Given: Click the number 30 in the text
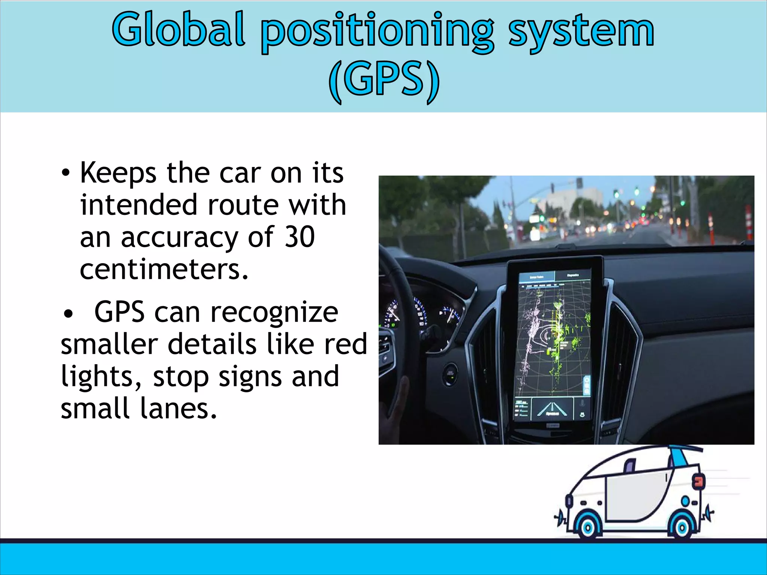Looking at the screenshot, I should (x=300, y=237).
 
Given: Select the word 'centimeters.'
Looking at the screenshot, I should (x=164, y=269).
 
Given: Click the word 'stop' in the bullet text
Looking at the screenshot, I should (x=181, y=377).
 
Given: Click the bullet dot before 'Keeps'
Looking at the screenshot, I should (x=66, y=173).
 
